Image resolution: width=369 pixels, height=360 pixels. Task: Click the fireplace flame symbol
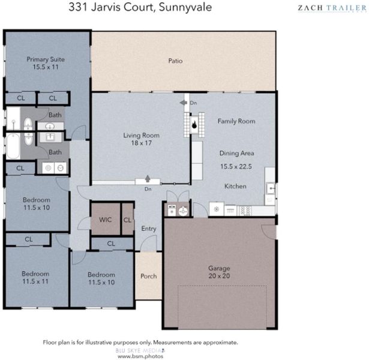coord(194,125)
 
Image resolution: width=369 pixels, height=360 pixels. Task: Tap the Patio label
coord(175,61)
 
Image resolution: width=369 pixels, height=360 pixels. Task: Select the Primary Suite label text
coord(46,59)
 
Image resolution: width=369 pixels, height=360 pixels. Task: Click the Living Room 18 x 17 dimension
coord(142,143)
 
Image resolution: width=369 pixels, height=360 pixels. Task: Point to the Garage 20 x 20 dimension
coord(219,276)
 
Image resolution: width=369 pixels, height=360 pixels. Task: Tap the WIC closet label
coord(105,220)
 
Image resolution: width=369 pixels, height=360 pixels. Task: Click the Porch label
coord(148,276)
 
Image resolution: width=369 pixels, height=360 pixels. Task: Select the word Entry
coord(149,229)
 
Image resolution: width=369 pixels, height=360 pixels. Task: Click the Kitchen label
coord(235,186)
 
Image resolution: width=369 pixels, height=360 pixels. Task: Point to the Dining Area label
coord(237,153)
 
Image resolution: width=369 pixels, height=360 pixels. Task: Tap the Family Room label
coord(236,121)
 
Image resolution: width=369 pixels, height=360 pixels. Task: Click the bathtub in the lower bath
coord(13,146)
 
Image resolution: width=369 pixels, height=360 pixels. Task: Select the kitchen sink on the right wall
coord(270,188)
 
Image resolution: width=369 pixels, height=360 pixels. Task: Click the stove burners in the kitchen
coord(245,211)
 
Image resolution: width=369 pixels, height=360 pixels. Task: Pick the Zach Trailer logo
coord(332,8)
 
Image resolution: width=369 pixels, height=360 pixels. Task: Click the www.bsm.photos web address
coord(140,356)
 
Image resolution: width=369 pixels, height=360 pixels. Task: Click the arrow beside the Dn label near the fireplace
coord(184,103)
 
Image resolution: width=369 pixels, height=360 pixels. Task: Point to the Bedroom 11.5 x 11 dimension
coord(35,281)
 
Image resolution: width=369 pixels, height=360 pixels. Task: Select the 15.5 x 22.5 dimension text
coord(236,166)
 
